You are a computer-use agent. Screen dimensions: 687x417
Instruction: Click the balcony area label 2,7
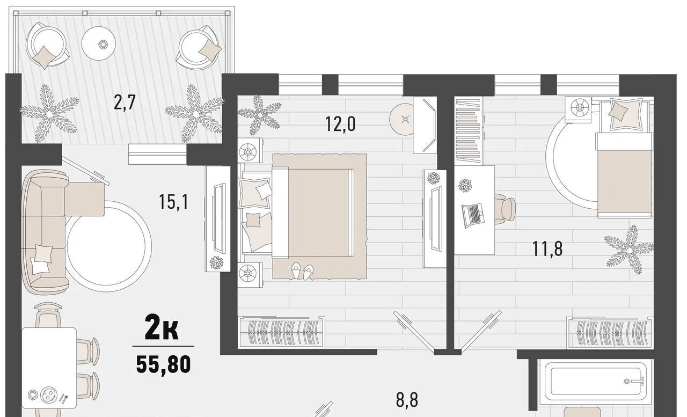pos(125,103)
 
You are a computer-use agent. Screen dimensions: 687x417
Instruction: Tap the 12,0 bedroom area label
pos(340,124)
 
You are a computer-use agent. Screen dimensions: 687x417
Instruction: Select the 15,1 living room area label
pos(173,202)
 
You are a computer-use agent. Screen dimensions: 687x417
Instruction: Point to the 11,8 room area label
pos(547,248)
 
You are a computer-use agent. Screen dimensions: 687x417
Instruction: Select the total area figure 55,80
pos(164,364)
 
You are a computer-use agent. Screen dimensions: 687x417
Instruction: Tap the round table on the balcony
pos(99,44)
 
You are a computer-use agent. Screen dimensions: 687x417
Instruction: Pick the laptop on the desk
pos(473,216)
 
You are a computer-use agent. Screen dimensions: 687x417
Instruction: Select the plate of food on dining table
pos(48,394)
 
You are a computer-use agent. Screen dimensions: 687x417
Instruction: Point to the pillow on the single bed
pos(618,112)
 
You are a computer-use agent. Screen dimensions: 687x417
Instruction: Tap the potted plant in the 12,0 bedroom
pos(259,115)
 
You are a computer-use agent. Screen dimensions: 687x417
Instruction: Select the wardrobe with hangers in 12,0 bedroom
pos(282,332)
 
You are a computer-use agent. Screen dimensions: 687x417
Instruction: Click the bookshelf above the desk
pos(469,130)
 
